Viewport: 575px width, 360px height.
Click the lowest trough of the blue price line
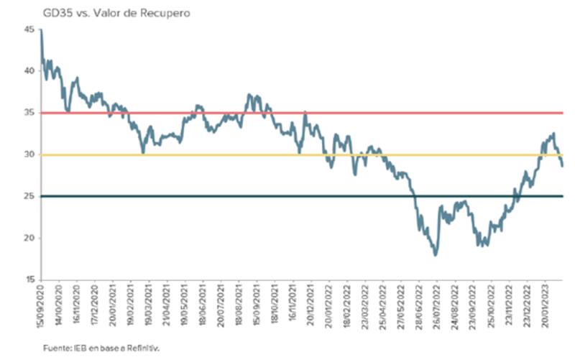(x=436, y=254)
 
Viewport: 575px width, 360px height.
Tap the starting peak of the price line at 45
(x=41, y=30)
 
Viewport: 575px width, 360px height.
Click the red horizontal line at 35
(x=359, y=113)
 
